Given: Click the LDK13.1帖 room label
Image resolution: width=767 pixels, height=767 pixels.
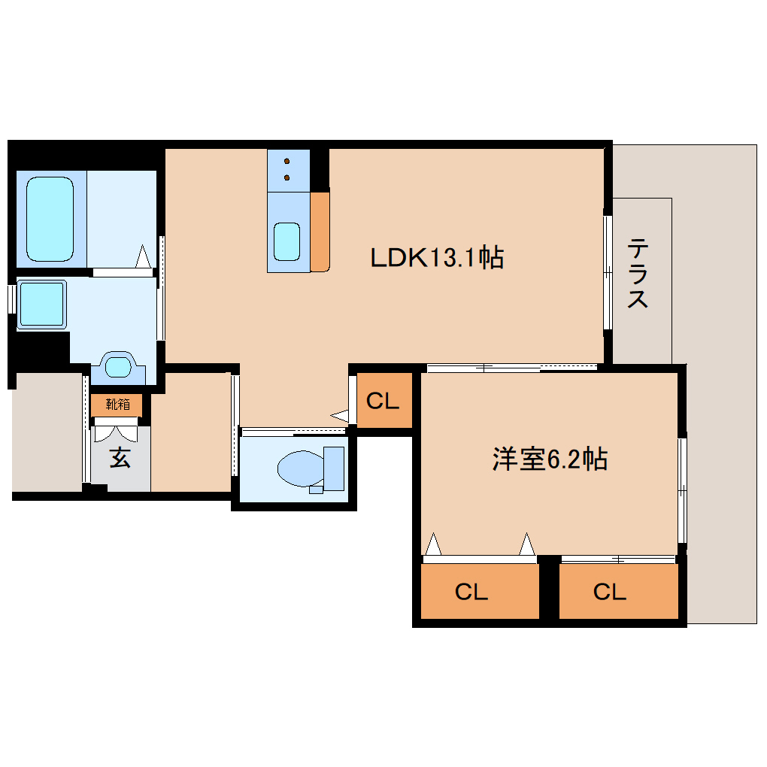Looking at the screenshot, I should pyautogui.click(x=436, y=258).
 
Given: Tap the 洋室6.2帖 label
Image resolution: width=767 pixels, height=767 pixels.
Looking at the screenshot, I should pyautogui.click(x=550, y=459).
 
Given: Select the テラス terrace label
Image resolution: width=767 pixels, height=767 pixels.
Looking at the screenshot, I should pyautogui.click(x=638, y=273).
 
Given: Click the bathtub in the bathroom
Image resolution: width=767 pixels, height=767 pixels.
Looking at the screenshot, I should pyautogui.click(x=50, y=218).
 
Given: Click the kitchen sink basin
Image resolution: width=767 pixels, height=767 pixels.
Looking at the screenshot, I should pyautogui.click(x=287, y=241).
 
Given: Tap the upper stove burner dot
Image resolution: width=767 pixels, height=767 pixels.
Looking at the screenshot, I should pyautogui.click(x=287, y=160).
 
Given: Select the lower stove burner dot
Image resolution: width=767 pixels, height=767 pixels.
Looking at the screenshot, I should pyautogui.click(x=287, y=177).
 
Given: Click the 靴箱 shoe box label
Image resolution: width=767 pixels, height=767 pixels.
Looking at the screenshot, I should pyautogui.click(x=117, y=405).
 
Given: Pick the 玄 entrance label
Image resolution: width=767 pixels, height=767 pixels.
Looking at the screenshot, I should pyautogui.click(x=120, y=457).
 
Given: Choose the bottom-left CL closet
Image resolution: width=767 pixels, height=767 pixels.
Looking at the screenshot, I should pyautogui.click(x=471, y=592).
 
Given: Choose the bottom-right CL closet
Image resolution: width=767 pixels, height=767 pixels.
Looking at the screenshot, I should pyautogui.click(x=609, y=592).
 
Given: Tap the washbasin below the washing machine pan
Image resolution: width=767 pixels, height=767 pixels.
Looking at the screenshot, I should pyautogui.click(x=118, y=366).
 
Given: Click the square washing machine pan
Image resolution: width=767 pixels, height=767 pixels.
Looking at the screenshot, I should pyautogui.click(x=41, y=305).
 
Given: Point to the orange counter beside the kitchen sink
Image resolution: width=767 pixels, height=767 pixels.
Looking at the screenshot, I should pyautogui.click(x=320, y=232).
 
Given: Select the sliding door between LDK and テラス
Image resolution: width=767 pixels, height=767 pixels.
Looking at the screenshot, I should pyautogui.click(x=608, y=273).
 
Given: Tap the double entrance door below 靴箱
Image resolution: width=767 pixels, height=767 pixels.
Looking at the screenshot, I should pyautogui.click(x=116, y=432).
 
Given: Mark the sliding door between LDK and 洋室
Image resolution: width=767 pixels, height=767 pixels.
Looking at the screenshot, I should pyautogui.click(x=511, y=368).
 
